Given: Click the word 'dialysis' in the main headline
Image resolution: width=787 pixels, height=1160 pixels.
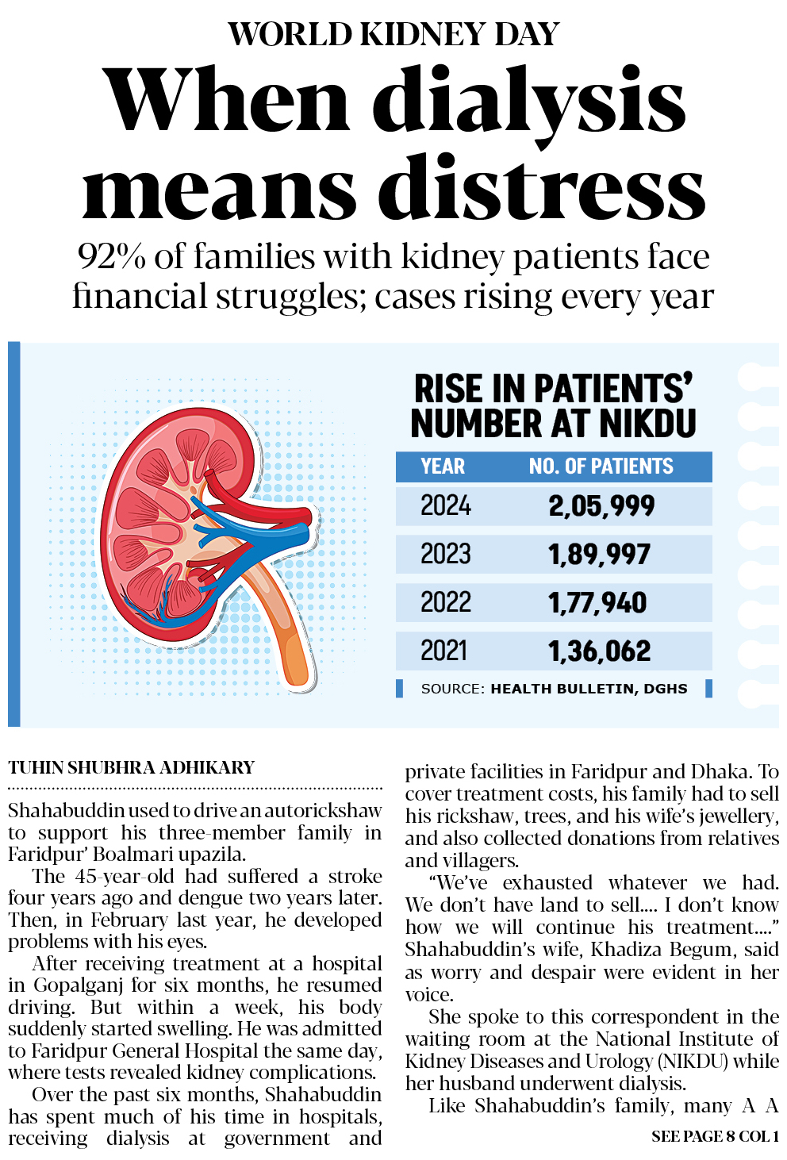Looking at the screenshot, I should pyautogui.click(x=529, y=102).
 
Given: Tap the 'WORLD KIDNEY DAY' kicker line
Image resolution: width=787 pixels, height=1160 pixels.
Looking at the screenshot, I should pyautogui.click(x=393, y=34).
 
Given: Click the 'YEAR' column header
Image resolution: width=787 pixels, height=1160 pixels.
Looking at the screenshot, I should pyautogui.click(x=443, y=467).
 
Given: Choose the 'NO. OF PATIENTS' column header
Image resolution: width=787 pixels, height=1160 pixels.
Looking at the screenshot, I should pyautogui.click(x=601, y=467).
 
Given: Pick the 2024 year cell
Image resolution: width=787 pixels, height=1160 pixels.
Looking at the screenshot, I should pyautogui.click(x=445, y=505).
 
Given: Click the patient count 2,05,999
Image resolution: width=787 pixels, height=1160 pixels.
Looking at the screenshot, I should pyautogui.click(x=601, y=505).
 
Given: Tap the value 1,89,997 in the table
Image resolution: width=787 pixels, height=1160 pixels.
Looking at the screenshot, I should pyautogui.click(x=599, y=554).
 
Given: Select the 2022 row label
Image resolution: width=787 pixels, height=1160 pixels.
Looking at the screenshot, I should pyautogui.click(x=445, y=602).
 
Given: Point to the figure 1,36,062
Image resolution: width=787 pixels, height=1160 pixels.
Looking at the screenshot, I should pyautogui.click(x=599, y=651).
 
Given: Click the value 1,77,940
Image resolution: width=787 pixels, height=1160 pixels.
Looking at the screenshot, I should pyautogui.click(x=597, y=602).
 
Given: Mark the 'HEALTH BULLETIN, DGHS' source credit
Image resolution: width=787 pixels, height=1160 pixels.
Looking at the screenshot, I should pyautogui.click(x=589, y=689).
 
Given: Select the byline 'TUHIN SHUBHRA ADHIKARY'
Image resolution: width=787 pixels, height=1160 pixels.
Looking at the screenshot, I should pyautogui.click(x=132, y=767).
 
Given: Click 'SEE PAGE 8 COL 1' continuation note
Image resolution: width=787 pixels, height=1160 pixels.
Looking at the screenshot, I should pyautogui.click(x=714, y=1136).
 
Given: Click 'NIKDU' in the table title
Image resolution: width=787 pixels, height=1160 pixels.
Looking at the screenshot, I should pyautogui.click(x=647, y=424).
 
